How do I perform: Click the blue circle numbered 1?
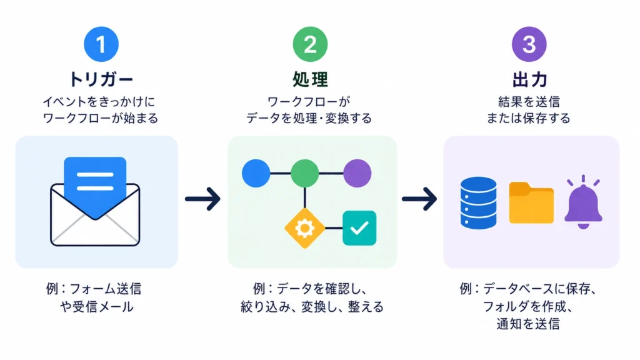tap(101, 44)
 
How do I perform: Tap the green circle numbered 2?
tap(310, 44)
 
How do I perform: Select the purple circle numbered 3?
tap(529, 44)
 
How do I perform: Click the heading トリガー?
tap(101, 79)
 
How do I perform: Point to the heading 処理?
tap(310, 79)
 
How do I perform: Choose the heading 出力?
tap(529, 79)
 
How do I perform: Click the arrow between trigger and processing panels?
tap(203, 199)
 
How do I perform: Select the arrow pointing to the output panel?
tap(419, 199)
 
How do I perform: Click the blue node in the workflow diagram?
tap(256, 174)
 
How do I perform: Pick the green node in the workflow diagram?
tap(305, 174)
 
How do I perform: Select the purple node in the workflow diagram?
tap(357, 174)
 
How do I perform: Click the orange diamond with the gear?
tap(304, 228)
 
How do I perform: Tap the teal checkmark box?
tap(359, 228)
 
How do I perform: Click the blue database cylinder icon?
tap(478, 202)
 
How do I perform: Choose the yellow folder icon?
tap(531, 203)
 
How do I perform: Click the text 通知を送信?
tap(528, 324)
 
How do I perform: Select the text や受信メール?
tap(97, 306)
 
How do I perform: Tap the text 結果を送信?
tap(529, 101)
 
